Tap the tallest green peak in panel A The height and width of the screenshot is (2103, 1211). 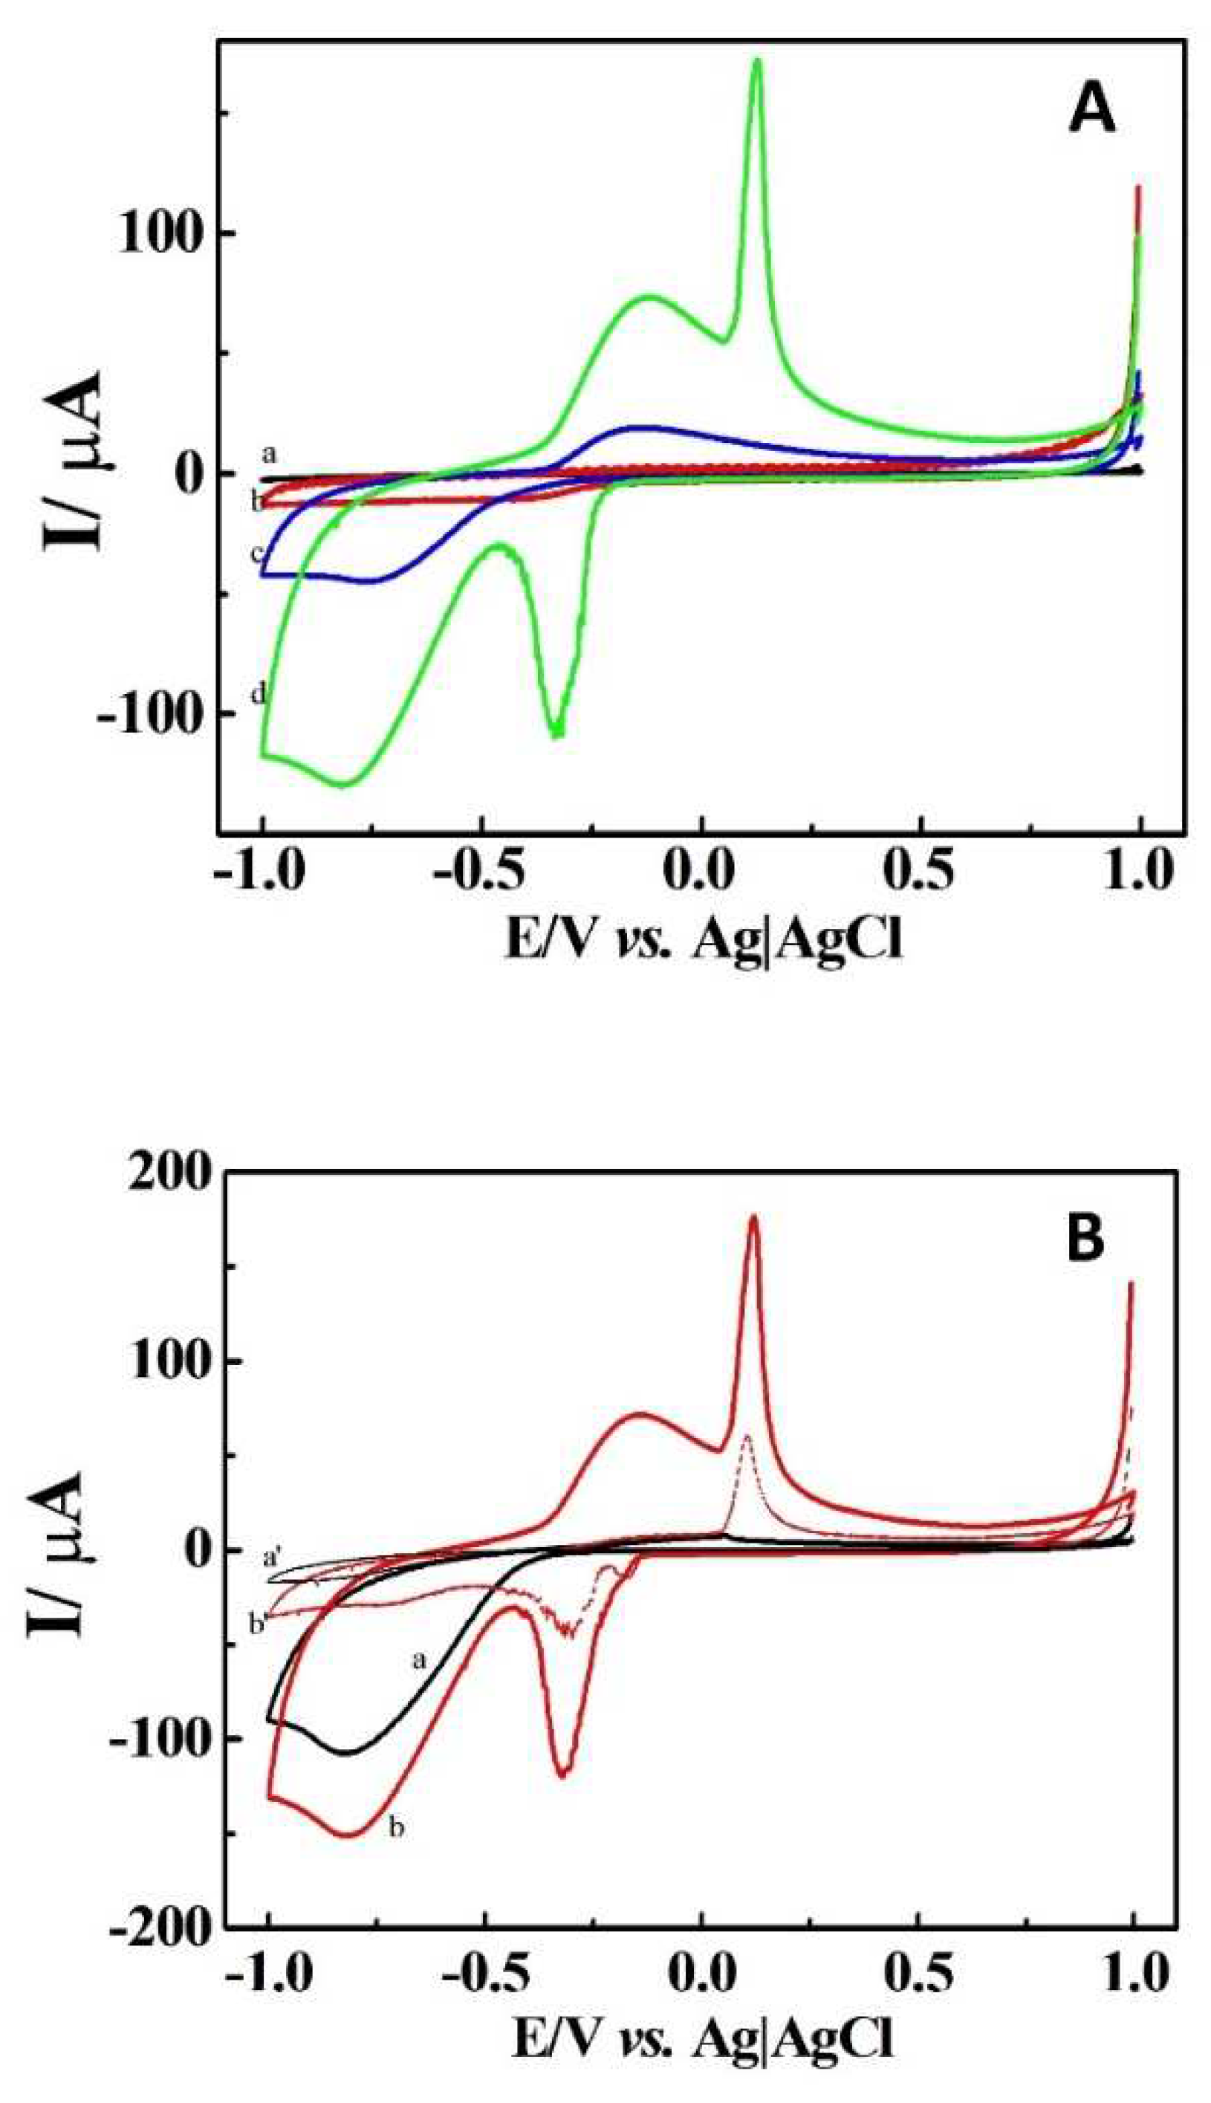(x=757, y=63)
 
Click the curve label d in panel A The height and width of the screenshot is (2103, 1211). (x=258, y=694)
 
